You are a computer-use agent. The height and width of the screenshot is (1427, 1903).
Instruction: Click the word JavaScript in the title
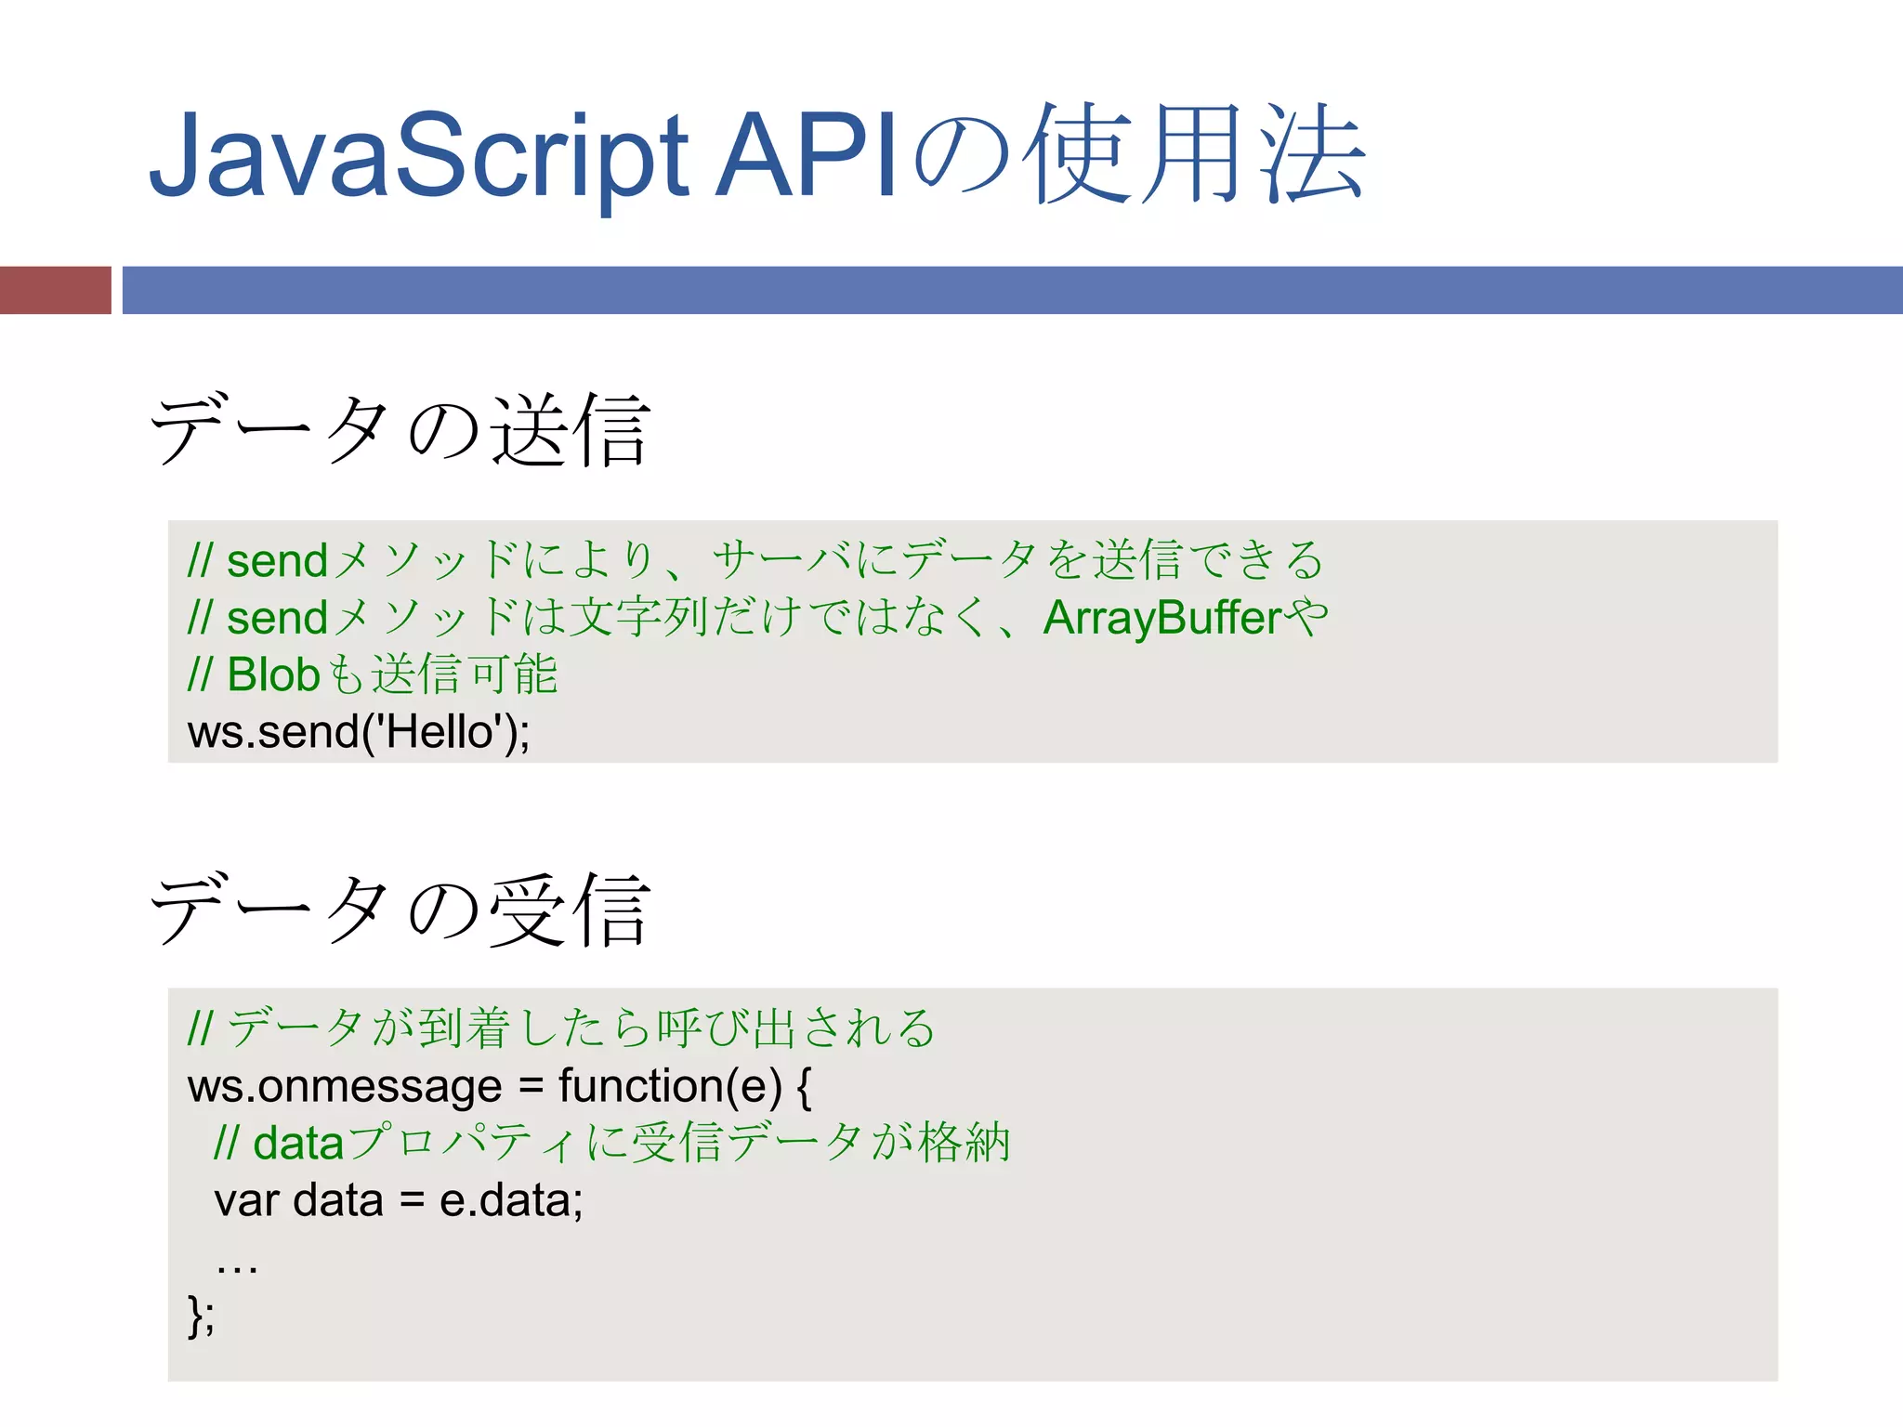(418, 156)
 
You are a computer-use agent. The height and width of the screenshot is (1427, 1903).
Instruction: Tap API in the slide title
(805, 156)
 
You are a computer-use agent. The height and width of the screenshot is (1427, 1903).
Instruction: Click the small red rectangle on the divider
(55, 290)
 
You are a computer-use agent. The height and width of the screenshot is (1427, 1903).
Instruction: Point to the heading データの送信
(400, 430)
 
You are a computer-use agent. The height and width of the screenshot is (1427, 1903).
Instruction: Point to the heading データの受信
(400, 910)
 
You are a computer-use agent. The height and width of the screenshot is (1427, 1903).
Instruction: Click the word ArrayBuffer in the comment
(1162, 618)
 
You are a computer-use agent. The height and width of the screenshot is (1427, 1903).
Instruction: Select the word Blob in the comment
(273, 675)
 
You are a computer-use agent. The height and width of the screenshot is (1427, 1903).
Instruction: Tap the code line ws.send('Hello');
(359, 732)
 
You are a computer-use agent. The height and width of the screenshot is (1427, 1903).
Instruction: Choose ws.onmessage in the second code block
(345, 1086)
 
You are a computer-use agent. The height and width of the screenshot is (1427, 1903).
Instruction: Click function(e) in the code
(670, 1086)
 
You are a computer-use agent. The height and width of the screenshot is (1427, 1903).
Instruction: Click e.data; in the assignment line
(511, 1200)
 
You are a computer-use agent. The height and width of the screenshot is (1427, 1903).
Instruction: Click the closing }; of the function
(201, 1316)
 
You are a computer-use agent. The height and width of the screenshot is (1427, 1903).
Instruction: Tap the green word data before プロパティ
(298, 1144)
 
